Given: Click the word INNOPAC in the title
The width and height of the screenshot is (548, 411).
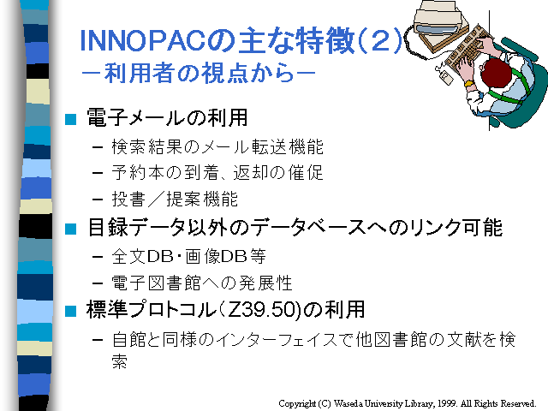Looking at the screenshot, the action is (x=143, y=41).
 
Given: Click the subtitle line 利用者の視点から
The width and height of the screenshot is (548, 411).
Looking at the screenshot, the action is (x=199, y=73).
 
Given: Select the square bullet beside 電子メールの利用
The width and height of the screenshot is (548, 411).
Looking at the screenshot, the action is (x=70, y=119).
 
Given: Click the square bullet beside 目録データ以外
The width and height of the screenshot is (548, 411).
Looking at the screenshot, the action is (x=70, y=229).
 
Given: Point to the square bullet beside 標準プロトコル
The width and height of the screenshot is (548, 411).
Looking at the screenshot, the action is (x=70, y=311).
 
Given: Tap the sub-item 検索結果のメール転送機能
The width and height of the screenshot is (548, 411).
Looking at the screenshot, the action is (x=217, y=146).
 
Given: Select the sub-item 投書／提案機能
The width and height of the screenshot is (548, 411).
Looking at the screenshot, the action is (x=175, y=200).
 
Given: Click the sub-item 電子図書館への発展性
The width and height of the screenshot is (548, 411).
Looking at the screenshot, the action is (x=202, y=283).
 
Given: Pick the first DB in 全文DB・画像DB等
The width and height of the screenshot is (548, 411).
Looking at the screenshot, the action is (x=161, y=256).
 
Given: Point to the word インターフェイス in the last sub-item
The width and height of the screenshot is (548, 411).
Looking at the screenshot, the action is (x=277, y=340).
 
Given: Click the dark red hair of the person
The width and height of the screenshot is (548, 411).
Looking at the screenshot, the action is (x=496, y=73).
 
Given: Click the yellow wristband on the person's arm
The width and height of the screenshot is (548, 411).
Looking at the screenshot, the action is (x=468, y=83).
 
